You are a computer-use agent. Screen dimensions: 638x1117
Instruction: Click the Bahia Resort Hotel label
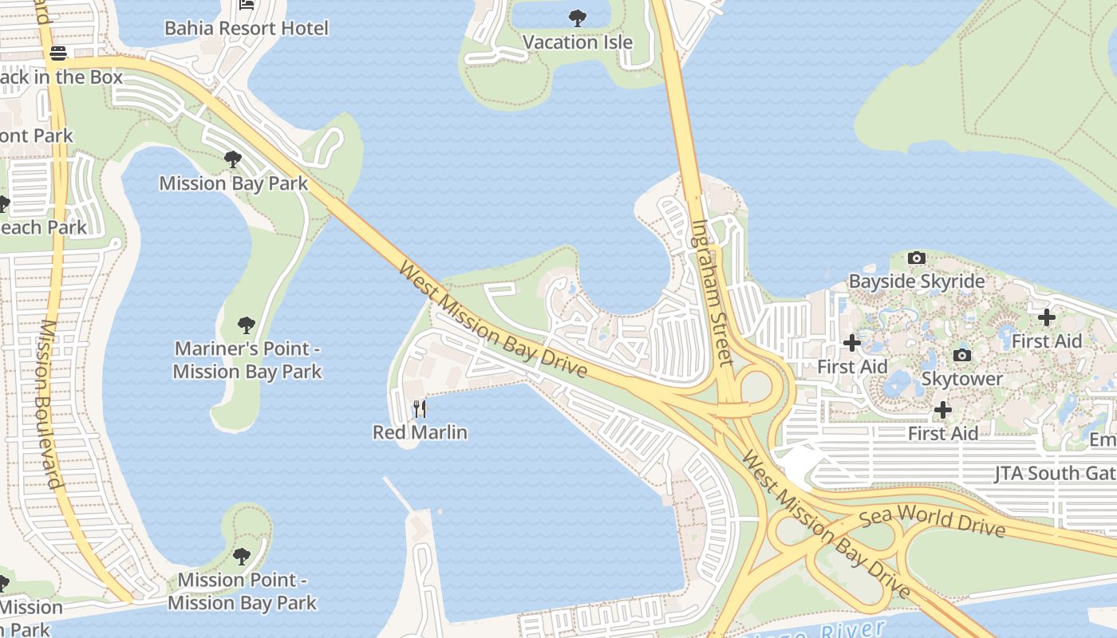coord(246,29)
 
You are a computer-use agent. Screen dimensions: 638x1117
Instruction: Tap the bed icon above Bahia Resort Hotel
coord(247,5)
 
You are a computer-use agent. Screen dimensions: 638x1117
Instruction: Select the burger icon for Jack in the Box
coord(58,53)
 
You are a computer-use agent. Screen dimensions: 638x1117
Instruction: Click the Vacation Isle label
coord(578,42)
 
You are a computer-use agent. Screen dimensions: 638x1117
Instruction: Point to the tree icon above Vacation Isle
coord(578,18)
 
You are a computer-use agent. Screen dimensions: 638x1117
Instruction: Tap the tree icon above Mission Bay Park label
coord(233,159)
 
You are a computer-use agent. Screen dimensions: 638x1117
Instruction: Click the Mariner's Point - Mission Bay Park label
coord(247,360)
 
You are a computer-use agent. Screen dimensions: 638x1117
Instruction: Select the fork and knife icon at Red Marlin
coord(420,409)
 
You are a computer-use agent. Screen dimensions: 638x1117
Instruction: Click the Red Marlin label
coord(420,432)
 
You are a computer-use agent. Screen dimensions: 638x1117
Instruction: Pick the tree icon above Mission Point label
coord(242,556)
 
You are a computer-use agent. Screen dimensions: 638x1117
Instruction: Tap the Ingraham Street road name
coord(711,292)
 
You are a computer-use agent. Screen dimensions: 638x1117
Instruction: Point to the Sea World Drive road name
coord(932,521)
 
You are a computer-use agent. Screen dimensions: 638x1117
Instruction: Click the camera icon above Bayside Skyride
coord(917,258)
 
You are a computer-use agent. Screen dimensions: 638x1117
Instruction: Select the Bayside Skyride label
coord(916,282)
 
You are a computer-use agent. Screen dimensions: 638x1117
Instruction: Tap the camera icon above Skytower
coord(962,355)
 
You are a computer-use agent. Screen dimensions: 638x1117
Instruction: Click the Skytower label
coord(962,379)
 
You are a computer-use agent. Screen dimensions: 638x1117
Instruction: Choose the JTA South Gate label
coord(1055,474)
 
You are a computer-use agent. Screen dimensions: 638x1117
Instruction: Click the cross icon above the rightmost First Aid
coord(1046,317)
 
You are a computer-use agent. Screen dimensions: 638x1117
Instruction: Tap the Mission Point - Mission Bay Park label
coord(242,591)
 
